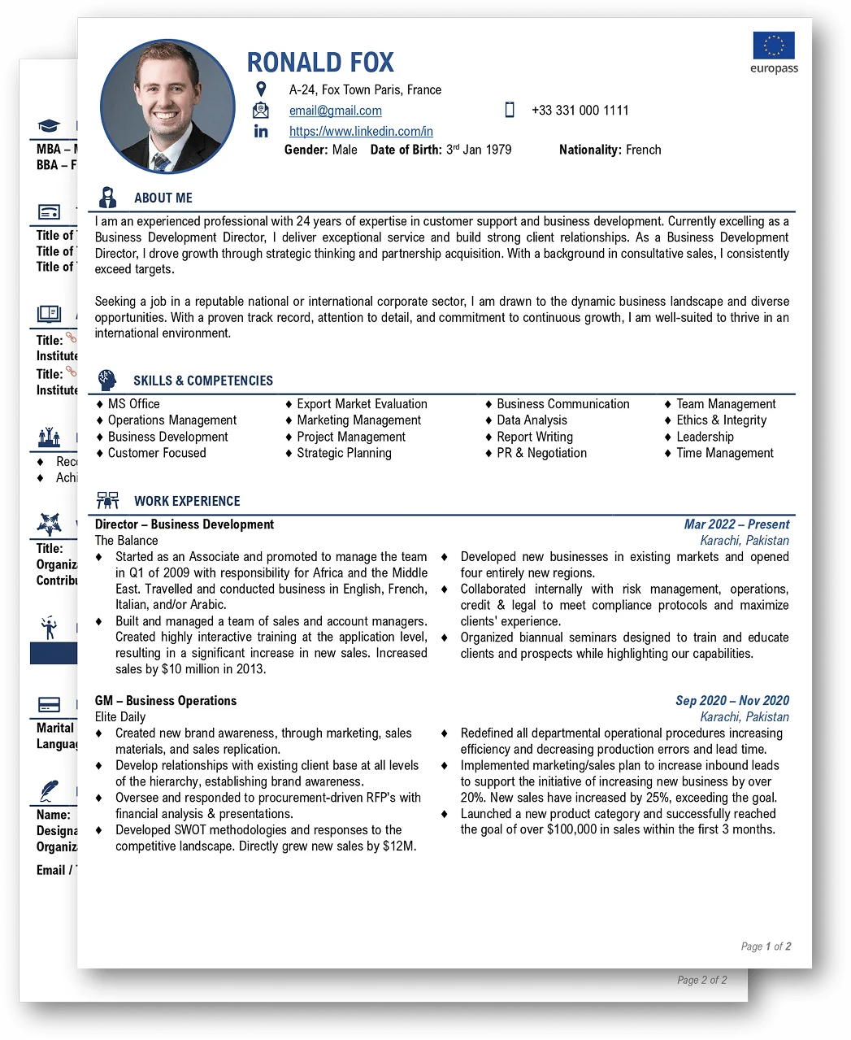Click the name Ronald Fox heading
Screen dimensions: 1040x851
coord(320,63)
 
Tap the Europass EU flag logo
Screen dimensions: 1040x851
coord(773,46)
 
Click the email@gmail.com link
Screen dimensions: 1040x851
coord(335,111)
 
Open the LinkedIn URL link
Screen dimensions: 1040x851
coord(361,131)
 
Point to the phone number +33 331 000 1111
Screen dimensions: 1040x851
coord(580,111)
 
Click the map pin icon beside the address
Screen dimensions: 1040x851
coord(261,89)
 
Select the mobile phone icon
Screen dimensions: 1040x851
coord(510,110)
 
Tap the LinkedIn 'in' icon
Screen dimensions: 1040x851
coord(261,131)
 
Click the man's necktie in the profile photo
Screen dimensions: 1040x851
coord(162,161)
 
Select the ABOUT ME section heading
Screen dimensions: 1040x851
coord(163,198)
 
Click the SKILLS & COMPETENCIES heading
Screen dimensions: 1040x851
coord(202,381)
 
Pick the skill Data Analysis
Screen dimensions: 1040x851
coord(532,420)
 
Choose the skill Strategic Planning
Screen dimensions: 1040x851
coord(344,453)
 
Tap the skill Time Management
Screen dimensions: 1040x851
coord(724,453)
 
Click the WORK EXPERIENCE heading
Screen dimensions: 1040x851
coord(187,501)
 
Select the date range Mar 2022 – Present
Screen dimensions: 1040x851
coord(736,524)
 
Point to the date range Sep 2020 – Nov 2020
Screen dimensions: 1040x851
coord(732,701)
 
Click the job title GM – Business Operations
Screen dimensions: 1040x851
coord(166,701)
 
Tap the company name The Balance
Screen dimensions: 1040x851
coord(126,541)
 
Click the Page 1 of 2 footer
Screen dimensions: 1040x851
coord(766,946)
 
